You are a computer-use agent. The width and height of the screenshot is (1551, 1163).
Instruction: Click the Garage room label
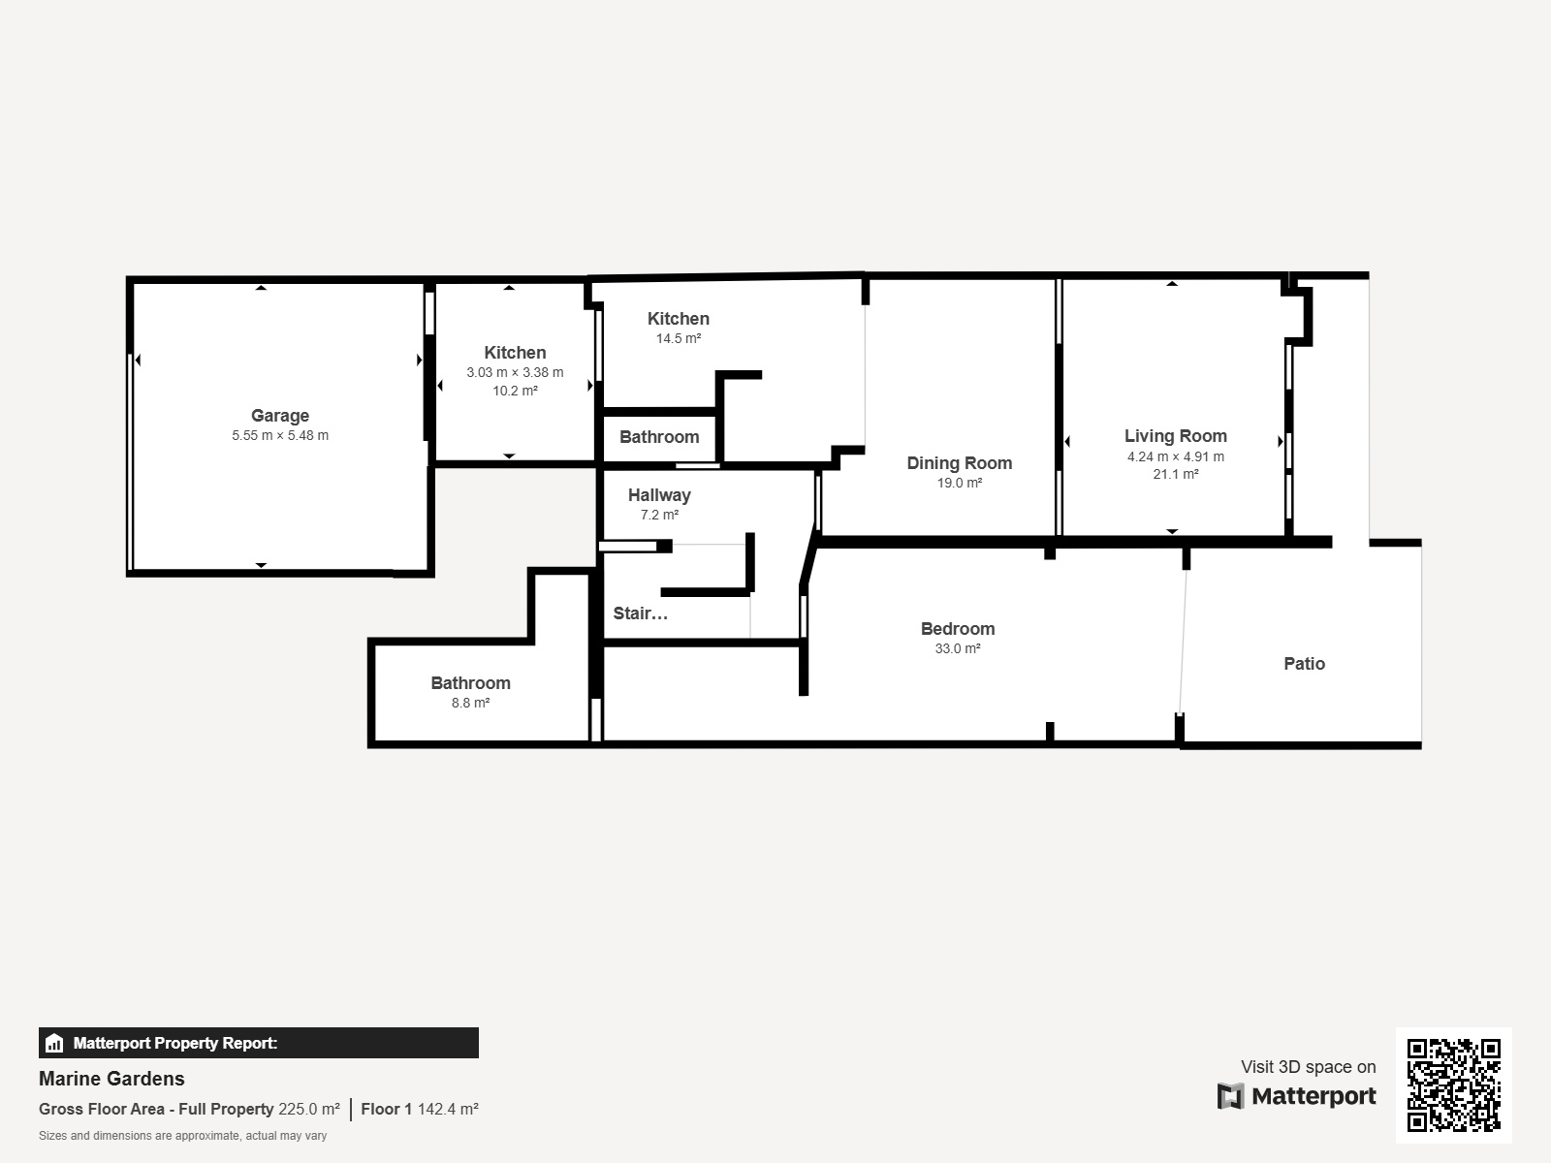pyautogui.click(x=280, y=416)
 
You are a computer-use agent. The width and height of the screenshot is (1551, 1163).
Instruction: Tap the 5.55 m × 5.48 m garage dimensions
pyautogui.click(x=280, y=436)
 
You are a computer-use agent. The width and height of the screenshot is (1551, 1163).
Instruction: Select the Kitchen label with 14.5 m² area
pyautogui.click(x=679, y=319)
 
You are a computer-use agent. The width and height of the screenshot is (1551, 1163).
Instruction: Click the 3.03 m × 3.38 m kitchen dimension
pyautogui.click(x=515, y=372)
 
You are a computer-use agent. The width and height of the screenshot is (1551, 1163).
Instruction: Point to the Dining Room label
pyautogui.click(x=959, y=463)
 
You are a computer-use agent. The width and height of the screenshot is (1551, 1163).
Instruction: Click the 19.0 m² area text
pyautogui.click(x=959, y=483)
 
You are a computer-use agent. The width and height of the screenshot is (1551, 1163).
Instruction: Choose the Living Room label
pyautogui.click(x=1175, y=436)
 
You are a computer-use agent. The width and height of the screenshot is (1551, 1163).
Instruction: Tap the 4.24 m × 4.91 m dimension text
pyautogui.click(x=1175, y=456)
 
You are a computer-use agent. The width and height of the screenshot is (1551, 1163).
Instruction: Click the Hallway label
pyautogui.click(x=659, y=495)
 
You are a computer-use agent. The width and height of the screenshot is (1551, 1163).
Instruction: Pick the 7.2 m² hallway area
pyautogui.click(x=659, y=515)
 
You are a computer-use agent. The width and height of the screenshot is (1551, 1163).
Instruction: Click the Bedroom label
pyautogui.click(x=958, y=628)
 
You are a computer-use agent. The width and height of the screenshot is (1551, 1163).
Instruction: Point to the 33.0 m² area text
pyautogui.click(x=958, y=648)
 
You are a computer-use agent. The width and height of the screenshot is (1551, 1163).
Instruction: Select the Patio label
pyautogui.click(x=1304, y=664)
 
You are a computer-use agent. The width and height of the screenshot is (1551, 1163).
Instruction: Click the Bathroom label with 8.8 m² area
pyautogui.click(x=470, y=683)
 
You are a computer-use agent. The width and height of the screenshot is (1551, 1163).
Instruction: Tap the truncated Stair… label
pyautogui.click(x=640, y=613)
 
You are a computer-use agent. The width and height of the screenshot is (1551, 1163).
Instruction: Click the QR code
pyautogui.click(x=1453, y=1085)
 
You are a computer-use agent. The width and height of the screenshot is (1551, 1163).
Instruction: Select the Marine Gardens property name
pyautogui.click(x=111, y=1079)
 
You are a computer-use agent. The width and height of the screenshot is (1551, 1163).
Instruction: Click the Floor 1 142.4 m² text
pyautogui.click(x=420, y=1109)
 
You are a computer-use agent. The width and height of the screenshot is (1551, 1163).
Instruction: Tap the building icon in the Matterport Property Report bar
pyautogui.click(x=54, y=1043)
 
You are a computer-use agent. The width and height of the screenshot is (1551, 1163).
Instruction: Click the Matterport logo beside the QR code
pyautogui.click(x=1297, y=1096)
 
